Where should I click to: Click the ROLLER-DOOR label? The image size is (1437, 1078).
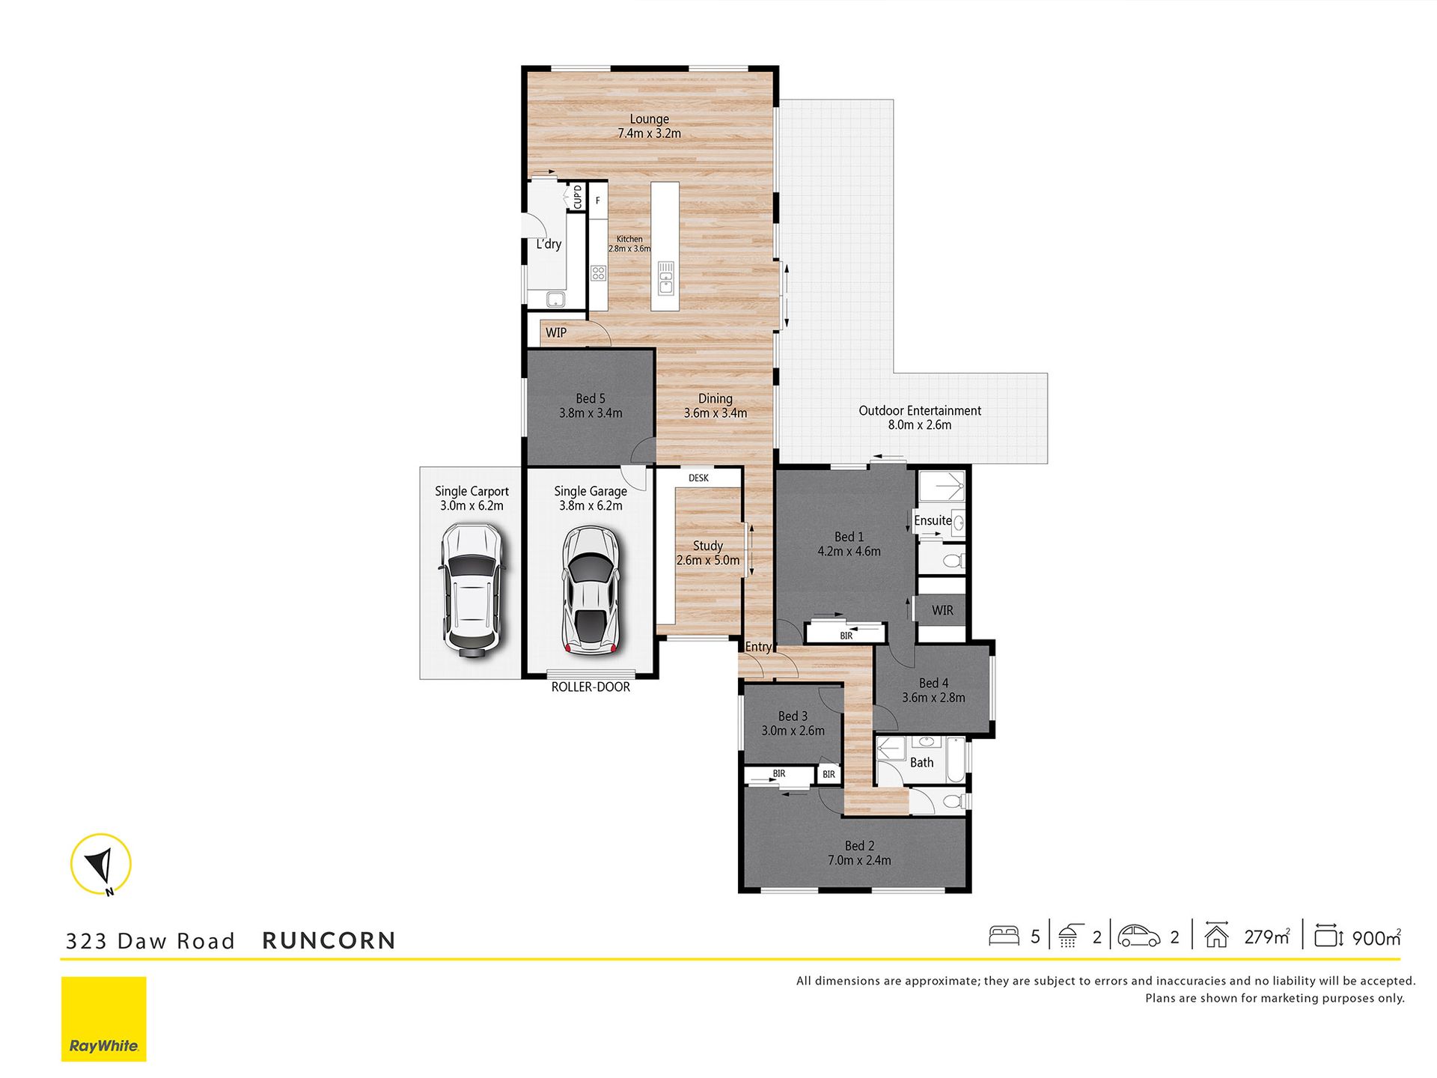(591, 687)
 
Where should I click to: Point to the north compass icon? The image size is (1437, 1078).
(101, 865)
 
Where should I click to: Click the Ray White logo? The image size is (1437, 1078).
(104, 1019)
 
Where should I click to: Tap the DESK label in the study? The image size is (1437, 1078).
(698, 478)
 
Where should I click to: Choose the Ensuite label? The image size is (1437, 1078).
(933, 520)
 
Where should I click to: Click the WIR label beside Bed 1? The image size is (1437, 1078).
(942, 611)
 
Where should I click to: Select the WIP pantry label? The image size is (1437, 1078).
(556, 333)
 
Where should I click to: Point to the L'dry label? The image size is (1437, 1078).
(549, 244)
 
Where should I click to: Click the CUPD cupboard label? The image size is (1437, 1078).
(577, 197)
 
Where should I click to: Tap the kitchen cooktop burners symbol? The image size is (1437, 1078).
(598, 273)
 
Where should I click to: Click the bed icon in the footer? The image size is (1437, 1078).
(1004, 936)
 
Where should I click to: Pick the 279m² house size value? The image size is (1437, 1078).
(1267, 937)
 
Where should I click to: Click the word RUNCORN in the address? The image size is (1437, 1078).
(329, 941)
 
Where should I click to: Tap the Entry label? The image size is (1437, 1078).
(758, 647)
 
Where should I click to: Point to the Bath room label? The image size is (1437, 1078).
(921, 763)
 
